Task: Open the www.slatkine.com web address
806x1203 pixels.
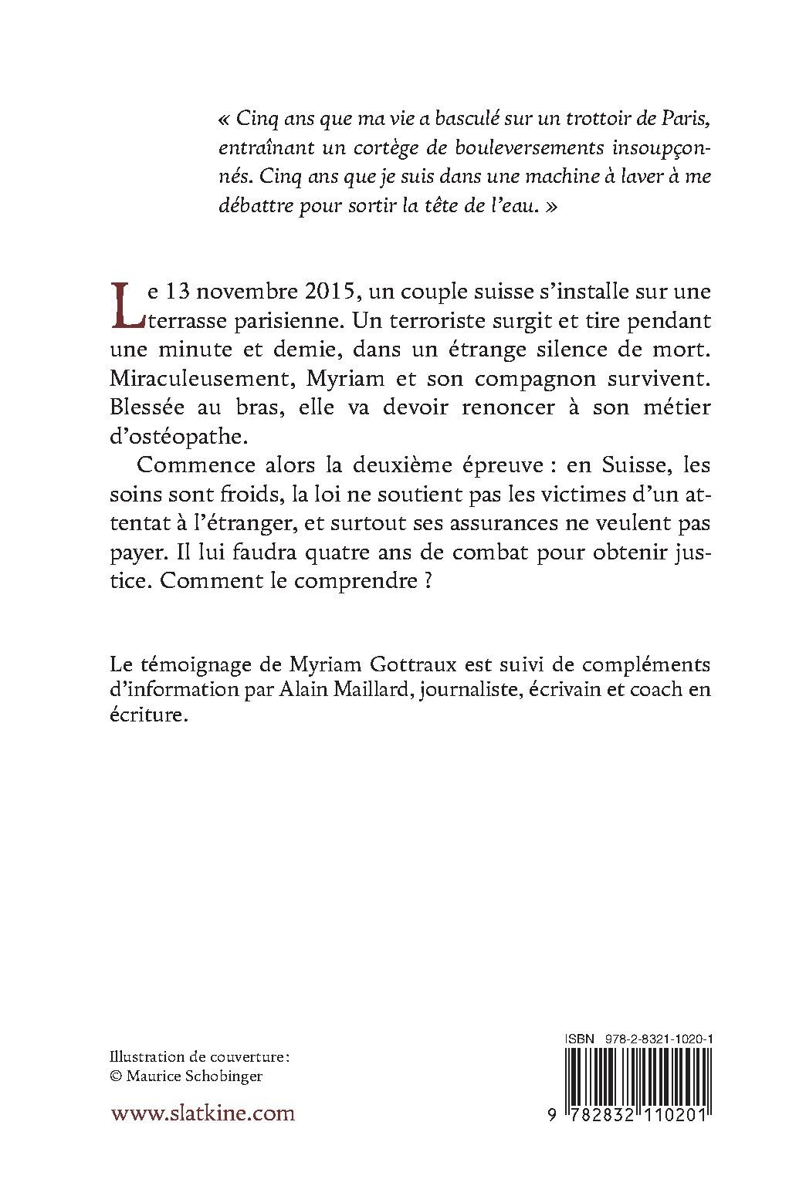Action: [x=203, y=1114]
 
